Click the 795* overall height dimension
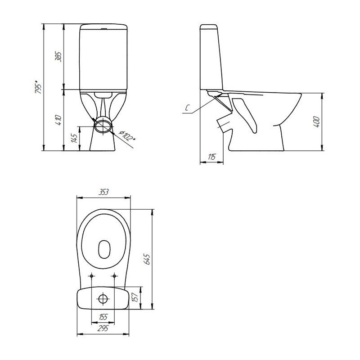point(38,87)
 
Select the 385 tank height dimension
point(58,57)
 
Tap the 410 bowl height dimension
point(58,120)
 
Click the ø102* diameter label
point(127,136)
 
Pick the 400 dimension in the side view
point(317,122)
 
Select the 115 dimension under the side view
point(211,157)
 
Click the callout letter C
point(187,108)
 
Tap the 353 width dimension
point(103,192)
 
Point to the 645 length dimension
point(147,259)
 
